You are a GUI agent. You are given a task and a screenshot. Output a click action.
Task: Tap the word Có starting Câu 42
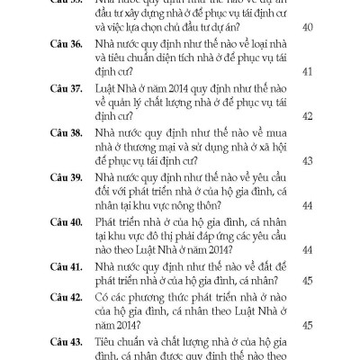[x=115, y=296]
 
